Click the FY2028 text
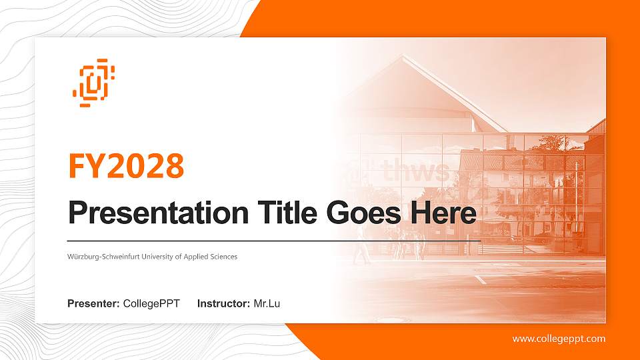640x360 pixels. click(x=126, y=166)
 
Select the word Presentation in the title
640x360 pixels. click(x=154, y=213)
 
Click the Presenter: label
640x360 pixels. click(x=93, y=304)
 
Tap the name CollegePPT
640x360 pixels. click(x=151, y=304)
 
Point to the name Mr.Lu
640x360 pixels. click(x=267, y=304)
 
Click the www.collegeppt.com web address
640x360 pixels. click(x=559, y=339)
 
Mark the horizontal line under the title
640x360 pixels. click(x=273, y=240)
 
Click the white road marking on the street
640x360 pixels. click(x=480, y=279)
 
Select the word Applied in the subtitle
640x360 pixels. click(x=193, y=257)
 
